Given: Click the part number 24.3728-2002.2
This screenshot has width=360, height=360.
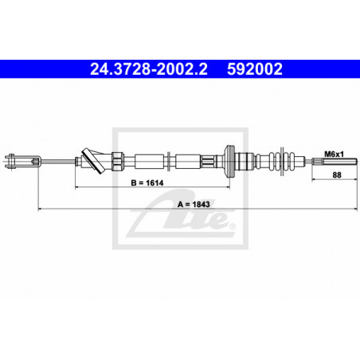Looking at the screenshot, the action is (x=149, y=69).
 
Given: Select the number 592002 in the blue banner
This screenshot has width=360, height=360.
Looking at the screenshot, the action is (x=255, y=69).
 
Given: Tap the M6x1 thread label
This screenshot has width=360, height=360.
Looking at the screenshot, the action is (x=334, y=154).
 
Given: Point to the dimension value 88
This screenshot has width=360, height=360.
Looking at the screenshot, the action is (x=337, y=175).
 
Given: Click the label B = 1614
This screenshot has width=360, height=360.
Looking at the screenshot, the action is (x=147, y=182).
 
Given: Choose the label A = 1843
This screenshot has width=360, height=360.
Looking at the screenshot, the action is (x=194, y=204).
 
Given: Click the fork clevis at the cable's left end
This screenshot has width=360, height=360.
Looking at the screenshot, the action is (x=22, y=161).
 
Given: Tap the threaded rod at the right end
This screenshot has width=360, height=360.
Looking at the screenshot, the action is (x=335, y=162).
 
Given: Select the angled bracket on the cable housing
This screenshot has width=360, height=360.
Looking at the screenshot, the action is (x=93, y=161).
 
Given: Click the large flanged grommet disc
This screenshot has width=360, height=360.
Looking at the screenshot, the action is (x=229, y=161).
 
